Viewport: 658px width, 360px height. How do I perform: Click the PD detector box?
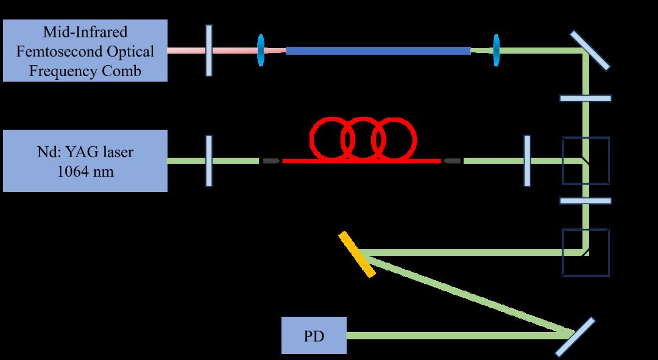[314, 335]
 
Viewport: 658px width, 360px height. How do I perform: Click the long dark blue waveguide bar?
[378, 51]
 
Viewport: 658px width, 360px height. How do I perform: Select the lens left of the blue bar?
[261, 51]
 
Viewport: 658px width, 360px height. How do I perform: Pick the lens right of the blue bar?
[496, 51]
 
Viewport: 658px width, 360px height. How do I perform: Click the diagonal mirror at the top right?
[590, 50]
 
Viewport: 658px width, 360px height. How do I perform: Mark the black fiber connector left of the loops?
[271, 161]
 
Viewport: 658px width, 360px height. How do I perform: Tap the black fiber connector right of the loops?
[452, 161]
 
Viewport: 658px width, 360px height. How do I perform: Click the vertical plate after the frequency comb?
[209, 51]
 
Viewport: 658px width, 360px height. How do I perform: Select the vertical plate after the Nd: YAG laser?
[208, 160]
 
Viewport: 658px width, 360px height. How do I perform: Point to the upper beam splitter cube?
[585, 161]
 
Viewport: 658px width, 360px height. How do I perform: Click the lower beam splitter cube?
[585, 252]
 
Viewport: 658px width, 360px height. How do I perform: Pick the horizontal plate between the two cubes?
[585, 200]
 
